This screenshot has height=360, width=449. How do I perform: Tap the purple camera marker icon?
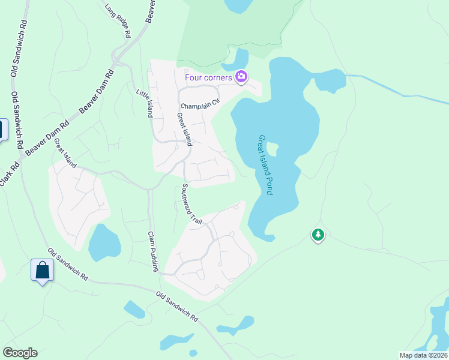241,76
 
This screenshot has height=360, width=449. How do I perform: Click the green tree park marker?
318,235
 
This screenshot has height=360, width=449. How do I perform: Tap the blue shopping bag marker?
43,270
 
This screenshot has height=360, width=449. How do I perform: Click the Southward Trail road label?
188,204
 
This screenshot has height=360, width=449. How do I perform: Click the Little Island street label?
144,104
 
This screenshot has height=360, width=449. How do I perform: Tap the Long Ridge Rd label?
118,22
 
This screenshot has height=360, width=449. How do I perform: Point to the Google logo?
20,353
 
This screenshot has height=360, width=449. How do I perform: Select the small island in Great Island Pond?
272,149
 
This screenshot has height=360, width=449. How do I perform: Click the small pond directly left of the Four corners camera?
234,61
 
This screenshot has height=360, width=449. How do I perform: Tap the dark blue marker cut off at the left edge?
2,130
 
